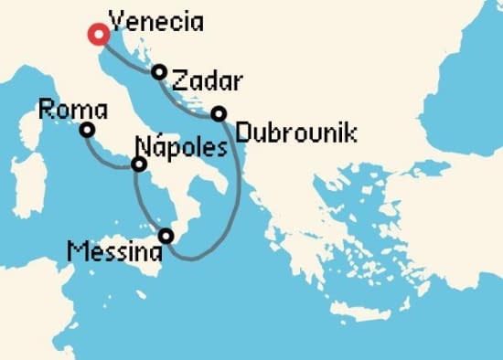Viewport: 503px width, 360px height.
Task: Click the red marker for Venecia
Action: point(98,35)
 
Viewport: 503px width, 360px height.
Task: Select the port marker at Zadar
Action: point(159,71)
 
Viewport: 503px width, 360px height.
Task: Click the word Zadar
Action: point(206,81)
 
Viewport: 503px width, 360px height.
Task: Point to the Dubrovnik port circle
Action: point(219,113)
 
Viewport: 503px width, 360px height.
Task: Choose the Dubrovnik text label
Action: point(295,133)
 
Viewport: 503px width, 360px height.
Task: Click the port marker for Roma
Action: point(87,130)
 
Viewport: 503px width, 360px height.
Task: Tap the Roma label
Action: point(73,111)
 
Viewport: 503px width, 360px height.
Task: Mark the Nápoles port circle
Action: point(138,164)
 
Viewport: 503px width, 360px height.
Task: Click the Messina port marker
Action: point(166,236)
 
